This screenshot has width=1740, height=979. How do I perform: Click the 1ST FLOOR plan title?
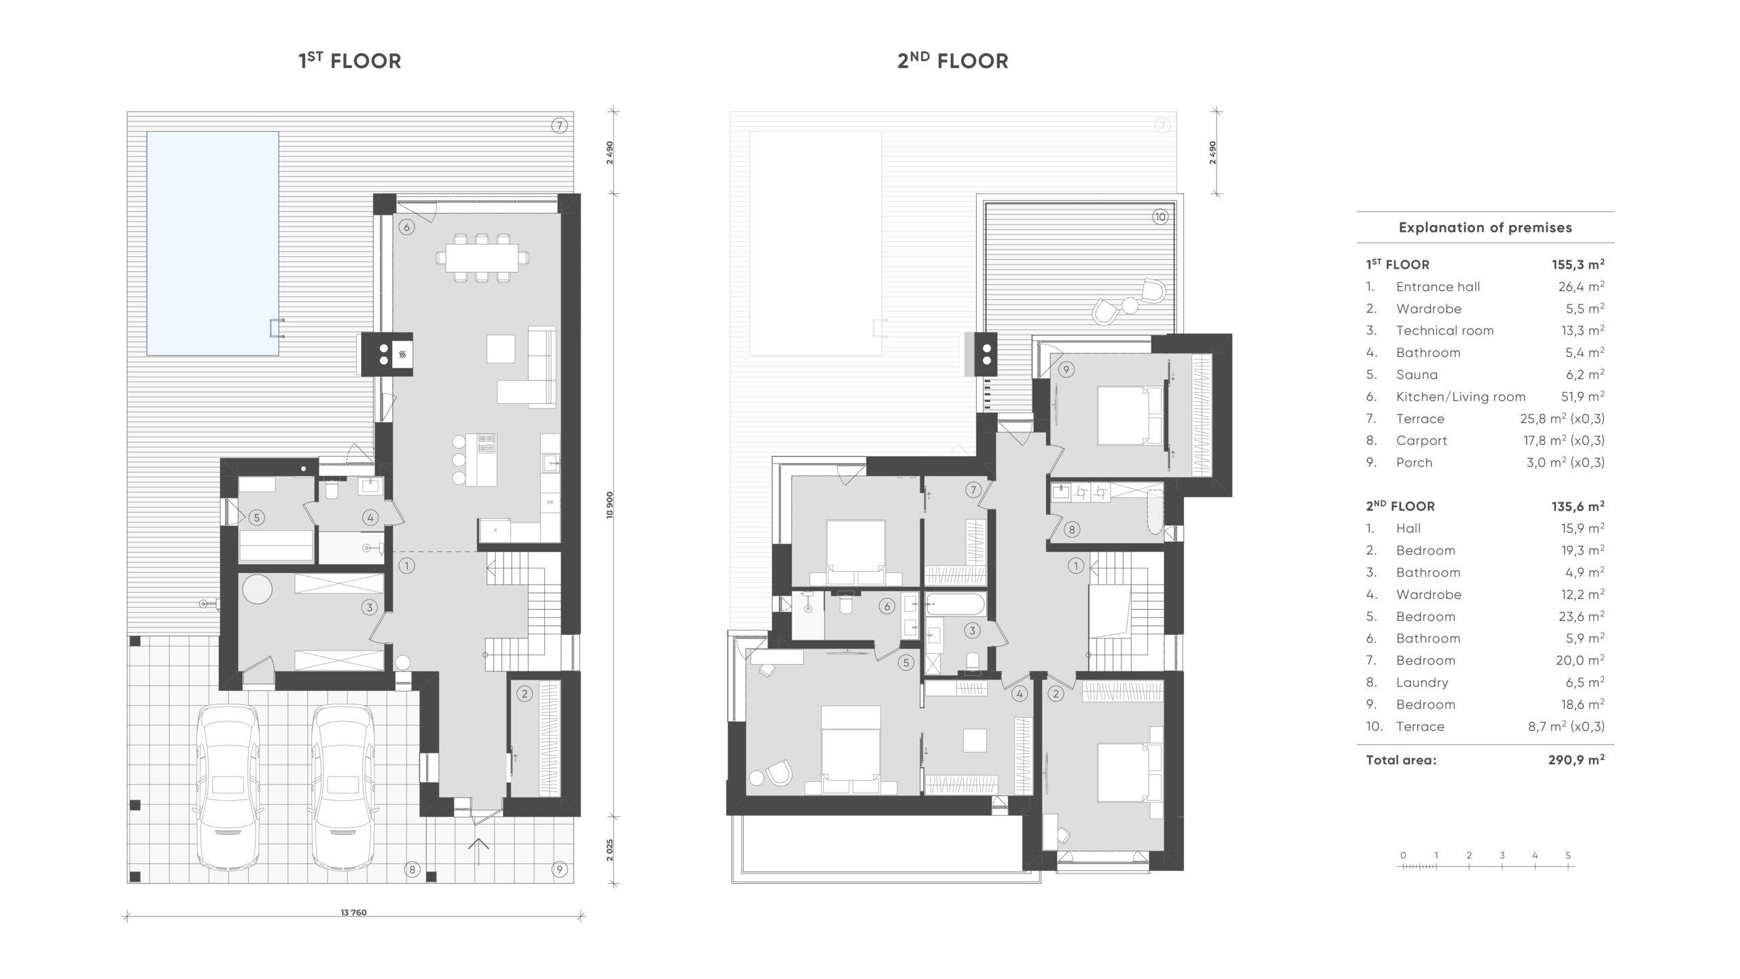click(x=350, y=61)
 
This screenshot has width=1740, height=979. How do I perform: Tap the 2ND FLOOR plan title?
click(x=953, y=61)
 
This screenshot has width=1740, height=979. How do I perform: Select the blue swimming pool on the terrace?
click(x=213, y=243)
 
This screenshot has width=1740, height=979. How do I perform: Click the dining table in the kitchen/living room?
click(x=482, y=258)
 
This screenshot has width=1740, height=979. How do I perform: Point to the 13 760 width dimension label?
click(x=353, y=912)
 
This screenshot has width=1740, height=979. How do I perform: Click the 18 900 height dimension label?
click(x=610, y=505)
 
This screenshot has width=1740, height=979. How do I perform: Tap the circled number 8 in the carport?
click(x=411, y=869)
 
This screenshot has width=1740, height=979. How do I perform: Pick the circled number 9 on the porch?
click(x=559, y=869)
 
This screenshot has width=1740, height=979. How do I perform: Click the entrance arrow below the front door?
click(x=478, y=852)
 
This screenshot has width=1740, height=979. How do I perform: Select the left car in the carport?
click(x=228, y=787)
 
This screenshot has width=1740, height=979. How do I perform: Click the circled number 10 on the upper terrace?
click(x=1160, y=217)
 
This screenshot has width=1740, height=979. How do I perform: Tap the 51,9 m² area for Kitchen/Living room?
click(x=1582, y=396)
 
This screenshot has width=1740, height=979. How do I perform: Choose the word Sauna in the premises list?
click(x=1416, y=375)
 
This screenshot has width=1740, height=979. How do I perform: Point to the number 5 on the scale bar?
click(x=1568, y=855)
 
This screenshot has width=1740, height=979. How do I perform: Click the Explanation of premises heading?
click(x=1485, y=228)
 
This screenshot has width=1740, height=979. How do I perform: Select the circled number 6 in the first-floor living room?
click(x=406, y=227)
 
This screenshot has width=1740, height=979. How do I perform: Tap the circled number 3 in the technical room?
click(x=370, y=607)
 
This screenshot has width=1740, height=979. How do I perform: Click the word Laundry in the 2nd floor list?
click(x=1422, y=683)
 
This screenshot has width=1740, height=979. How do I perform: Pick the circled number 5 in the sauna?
click(x=256, y=517)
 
